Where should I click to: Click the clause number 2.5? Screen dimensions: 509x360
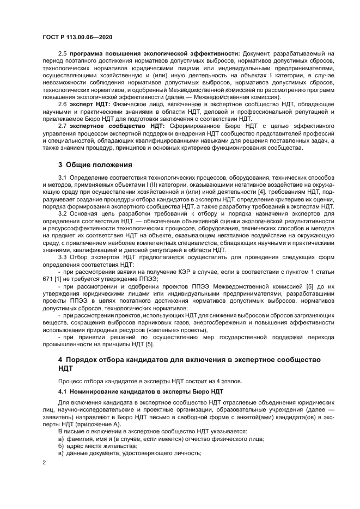pos(63,53)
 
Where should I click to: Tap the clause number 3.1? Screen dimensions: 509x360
pos(63,178)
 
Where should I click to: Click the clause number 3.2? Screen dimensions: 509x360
pos(63,213)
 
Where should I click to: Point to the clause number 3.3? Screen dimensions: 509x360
pos(63,256)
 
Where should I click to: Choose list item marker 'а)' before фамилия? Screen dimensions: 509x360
pos(62,438)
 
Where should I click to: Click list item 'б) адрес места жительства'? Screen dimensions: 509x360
pos(90,445)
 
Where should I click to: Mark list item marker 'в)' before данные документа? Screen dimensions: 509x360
pos(62,453)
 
